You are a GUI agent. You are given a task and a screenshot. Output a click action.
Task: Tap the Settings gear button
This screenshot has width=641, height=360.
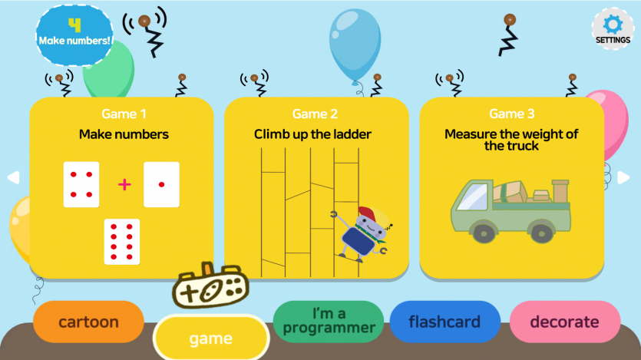(613, 28)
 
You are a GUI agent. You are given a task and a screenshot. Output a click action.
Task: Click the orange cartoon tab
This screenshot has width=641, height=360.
(88, 322)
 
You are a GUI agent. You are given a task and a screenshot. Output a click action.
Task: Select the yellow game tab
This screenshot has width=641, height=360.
(210, 338)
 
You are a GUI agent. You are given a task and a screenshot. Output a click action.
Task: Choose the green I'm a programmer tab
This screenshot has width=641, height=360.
(328, 322)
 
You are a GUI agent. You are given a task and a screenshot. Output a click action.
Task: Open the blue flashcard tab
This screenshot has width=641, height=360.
(444, 322)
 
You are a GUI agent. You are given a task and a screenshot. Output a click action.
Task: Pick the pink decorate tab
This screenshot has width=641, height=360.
(564, 322)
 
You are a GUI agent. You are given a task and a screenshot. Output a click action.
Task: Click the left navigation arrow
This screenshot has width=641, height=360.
(13, 177)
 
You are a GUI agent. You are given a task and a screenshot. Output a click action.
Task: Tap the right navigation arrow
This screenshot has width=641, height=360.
(623, 177)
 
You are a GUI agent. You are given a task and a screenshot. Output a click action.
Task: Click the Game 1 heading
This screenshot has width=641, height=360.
(124, 114)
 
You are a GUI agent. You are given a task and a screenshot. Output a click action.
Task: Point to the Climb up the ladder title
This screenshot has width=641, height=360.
(312, 134)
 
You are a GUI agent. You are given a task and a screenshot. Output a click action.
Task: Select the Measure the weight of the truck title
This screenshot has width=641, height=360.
(511, 140)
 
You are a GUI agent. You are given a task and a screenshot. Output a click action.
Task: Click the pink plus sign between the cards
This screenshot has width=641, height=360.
(124, 184)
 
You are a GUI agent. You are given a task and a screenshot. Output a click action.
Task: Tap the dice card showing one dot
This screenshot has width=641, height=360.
(161, 184)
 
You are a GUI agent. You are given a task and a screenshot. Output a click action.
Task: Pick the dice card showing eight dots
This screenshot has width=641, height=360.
(122, 242)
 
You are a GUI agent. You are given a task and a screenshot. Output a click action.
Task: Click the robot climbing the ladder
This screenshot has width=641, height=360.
(364, 233)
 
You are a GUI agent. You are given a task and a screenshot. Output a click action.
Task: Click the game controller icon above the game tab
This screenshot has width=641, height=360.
(210, 288)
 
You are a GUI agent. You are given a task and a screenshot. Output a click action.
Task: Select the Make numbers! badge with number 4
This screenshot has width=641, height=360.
(74, 34)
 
